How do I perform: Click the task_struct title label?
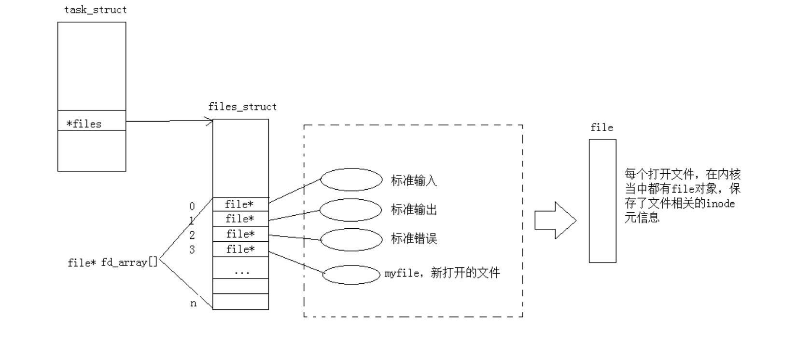pos(96,10)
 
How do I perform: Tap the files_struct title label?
pos(242,107)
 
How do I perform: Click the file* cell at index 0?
pos(240,205)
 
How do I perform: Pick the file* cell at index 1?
pos(240,219)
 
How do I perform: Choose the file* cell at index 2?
pos(240,234)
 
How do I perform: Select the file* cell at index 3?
pos(240,249)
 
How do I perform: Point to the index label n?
pos(193,304)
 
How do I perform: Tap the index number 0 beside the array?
pos(192,207)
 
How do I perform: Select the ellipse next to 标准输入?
pos(351,180)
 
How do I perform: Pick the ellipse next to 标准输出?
pos(351,210)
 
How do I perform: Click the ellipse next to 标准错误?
pos(351,239)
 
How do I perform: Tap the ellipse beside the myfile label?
pos(351,275)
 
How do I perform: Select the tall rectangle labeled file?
pos(602,201)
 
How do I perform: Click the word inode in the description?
pos(720,204)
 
